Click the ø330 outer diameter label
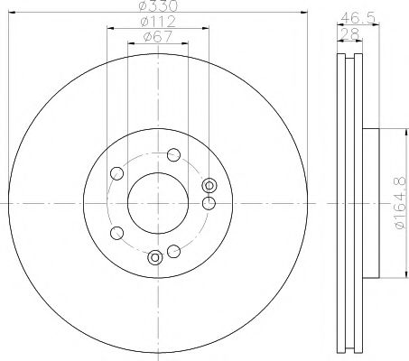pos(158,7)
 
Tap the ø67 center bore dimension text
pos(158,38)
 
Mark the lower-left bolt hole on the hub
pos(116,234)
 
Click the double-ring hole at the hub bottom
pos(155,257)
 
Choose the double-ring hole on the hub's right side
pos(210,186)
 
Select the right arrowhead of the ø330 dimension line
pos(307,14)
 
